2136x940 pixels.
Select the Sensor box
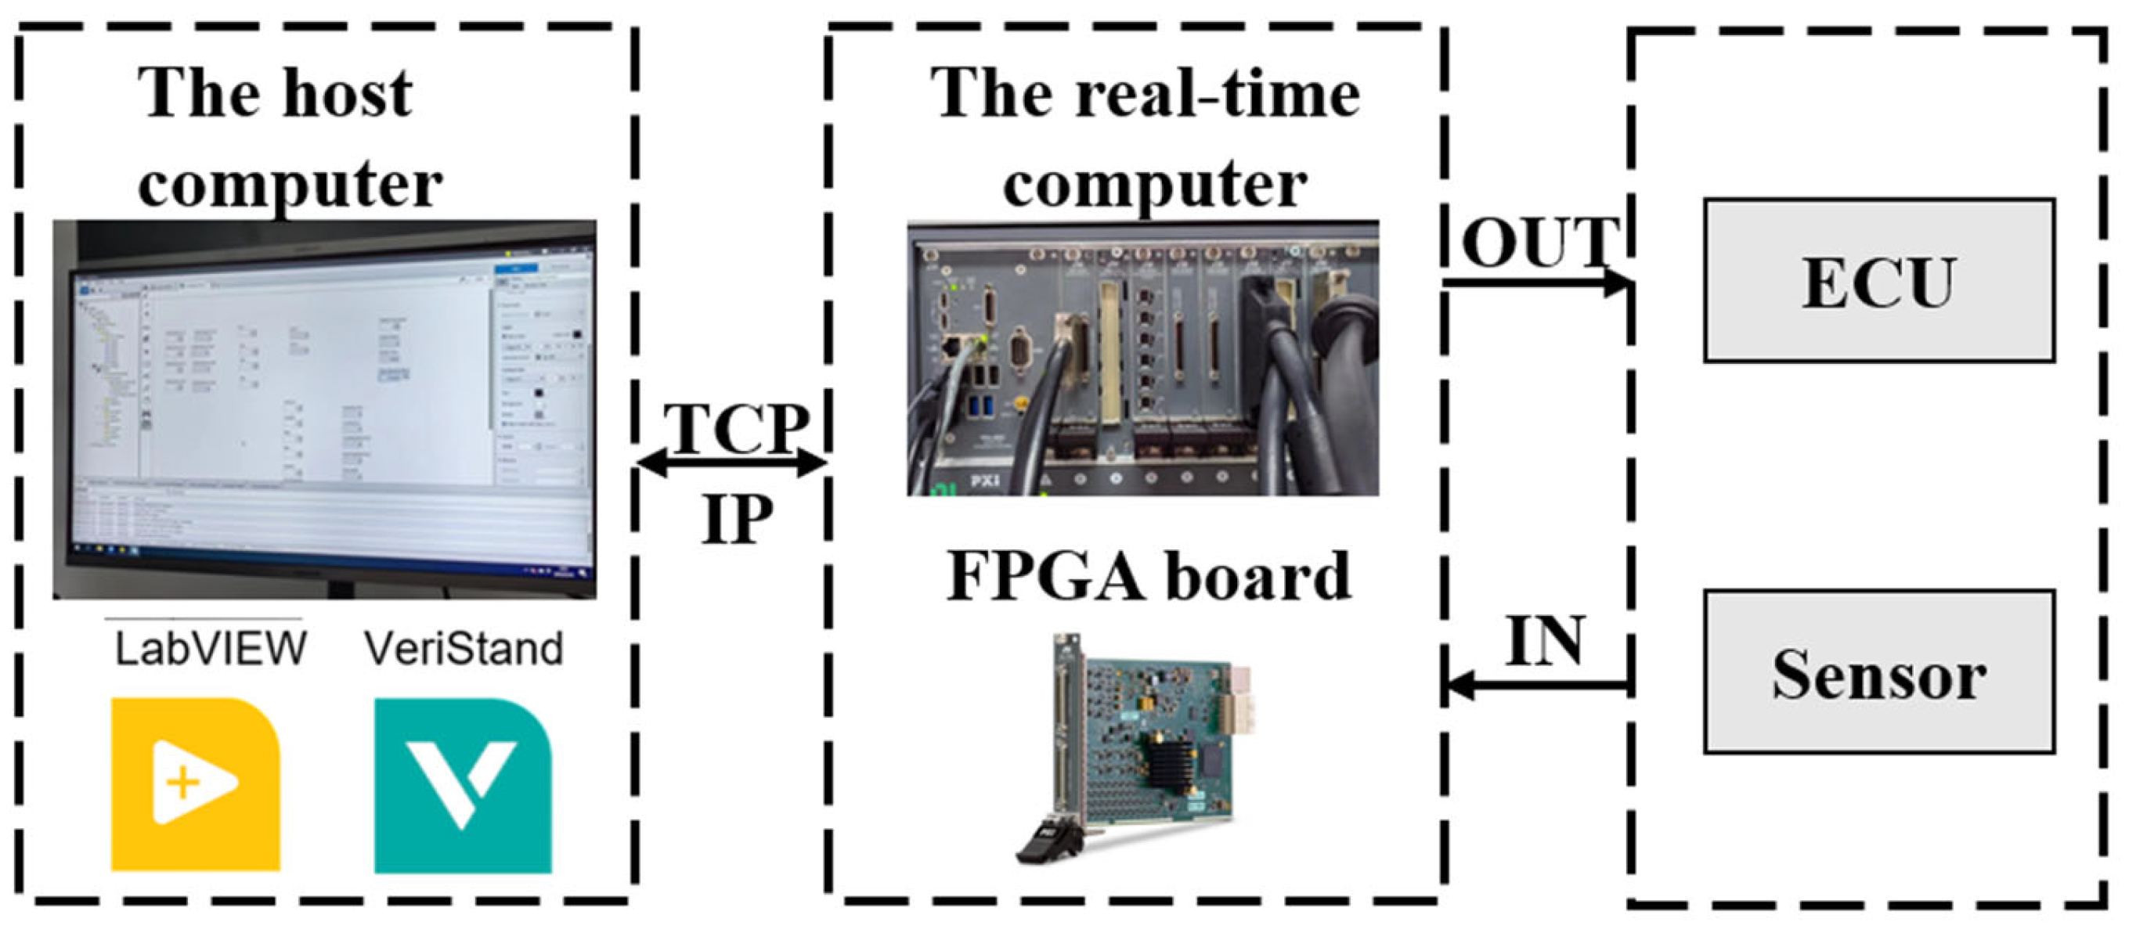[x=1878, y=672]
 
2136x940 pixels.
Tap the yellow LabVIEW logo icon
[x=196, y=784]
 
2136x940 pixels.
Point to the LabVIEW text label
[x=211, y=649]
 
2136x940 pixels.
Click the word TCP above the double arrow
[x=736, y=429]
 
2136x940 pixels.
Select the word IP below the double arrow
[x=736, y=519]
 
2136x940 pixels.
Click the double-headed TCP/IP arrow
[x=733, y=463]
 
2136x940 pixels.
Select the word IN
[x=1545, y=641]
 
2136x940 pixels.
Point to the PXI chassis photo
[x=1142, y=358]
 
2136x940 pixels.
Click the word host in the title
[x=347, y=93]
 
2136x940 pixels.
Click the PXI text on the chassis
[x=984, y=481]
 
